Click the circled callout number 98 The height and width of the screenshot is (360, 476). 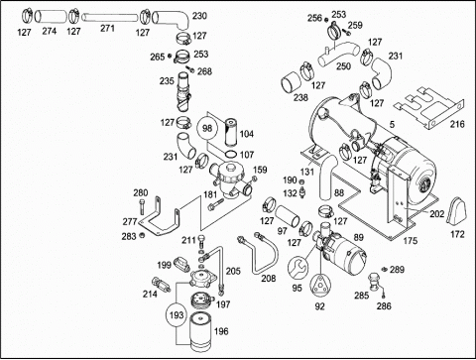207,128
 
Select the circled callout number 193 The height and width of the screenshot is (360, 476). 177,314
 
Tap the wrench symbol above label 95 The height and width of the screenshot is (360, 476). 297,268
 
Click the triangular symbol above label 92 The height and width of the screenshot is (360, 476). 320,284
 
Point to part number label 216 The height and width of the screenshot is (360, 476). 457,124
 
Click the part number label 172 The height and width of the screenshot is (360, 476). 457,234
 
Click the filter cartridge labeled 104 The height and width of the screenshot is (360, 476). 231,133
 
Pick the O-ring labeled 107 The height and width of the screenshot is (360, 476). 230,154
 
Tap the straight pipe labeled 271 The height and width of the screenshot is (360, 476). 109,17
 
